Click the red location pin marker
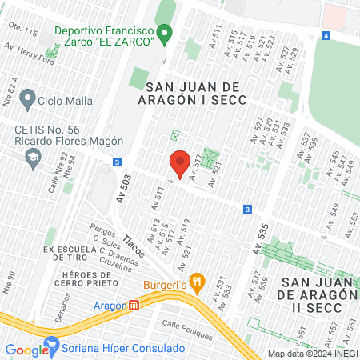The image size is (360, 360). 180,162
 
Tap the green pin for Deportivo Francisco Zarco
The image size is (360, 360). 166,34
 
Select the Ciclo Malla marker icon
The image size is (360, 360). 28,100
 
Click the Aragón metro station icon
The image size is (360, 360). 135,305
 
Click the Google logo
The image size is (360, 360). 26,350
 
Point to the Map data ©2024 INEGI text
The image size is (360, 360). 311,354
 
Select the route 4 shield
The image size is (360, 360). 326,35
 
